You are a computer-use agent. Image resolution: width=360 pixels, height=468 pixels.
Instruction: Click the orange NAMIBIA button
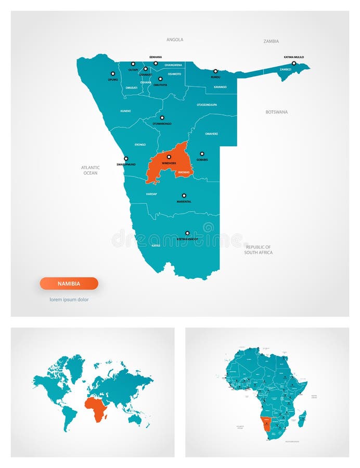coord(69,283)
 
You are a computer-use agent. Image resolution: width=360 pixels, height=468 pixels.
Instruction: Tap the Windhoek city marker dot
coord(169,157)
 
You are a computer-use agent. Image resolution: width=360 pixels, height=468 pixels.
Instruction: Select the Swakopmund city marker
coord(125,159)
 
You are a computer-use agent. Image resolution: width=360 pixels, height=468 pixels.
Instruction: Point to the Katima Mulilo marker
coord(293,63)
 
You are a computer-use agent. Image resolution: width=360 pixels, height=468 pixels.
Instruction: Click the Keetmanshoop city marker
coord(187,233)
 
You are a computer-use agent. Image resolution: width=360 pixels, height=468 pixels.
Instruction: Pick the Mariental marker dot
coord(184,196)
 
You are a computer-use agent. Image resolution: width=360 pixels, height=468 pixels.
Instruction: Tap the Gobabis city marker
coord(202,153)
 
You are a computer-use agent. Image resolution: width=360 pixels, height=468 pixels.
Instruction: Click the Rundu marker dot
coord(215,71)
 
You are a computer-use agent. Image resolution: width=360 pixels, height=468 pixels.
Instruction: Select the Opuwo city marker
coord(112,73)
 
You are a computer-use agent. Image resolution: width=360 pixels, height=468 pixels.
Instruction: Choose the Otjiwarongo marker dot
coord(162,118)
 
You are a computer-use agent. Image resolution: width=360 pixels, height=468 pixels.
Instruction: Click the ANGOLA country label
coord(175,40)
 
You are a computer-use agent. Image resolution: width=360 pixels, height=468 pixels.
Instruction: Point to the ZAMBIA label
coord(271,41)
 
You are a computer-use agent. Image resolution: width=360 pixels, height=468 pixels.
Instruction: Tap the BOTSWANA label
coord(276,112)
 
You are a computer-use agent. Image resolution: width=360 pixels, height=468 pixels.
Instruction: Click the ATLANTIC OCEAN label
coord(91,170)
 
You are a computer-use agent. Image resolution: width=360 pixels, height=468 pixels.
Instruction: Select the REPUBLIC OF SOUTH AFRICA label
coord(259,250)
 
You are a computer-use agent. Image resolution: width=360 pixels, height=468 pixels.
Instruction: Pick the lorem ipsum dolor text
coord(69,300)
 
